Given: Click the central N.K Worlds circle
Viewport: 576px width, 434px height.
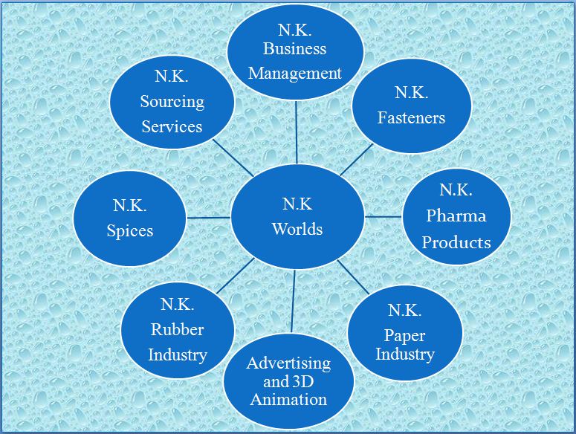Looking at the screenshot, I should point(297,216).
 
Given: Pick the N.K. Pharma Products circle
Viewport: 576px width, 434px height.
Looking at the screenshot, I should point(456,216).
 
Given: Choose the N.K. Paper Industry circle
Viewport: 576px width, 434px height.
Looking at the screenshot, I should point(405,331).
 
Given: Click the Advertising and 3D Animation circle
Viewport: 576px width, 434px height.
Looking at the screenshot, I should point(288,381).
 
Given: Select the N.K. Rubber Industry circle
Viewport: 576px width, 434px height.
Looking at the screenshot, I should point(177,329).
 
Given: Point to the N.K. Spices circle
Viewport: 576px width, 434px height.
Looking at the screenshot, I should point(130,217).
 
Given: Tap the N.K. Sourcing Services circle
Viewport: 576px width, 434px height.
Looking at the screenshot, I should point(172,102).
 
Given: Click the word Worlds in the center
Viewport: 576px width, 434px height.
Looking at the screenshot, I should point(297,228).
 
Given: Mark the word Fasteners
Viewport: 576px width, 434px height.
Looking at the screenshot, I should point(411,117).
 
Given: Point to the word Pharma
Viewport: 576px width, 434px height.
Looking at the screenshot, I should point(456,216).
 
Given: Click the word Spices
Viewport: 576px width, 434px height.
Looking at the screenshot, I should point(130,230).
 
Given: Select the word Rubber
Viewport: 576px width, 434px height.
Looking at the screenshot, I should point(177,329).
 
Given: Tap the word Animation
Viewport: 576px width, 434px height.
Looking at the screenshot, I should point(288,399).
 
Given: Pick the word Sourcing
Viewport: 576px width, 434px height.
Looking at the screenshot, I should point(172,102).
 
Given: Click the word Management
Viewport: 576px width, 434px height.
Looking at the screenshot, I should point(295,73).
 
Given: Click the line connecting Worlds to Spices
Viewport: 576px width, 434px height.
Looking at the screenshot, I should point(208,218).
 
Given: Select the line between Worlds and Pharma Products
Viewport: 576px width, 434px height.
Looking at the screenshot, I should point(384,217).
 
